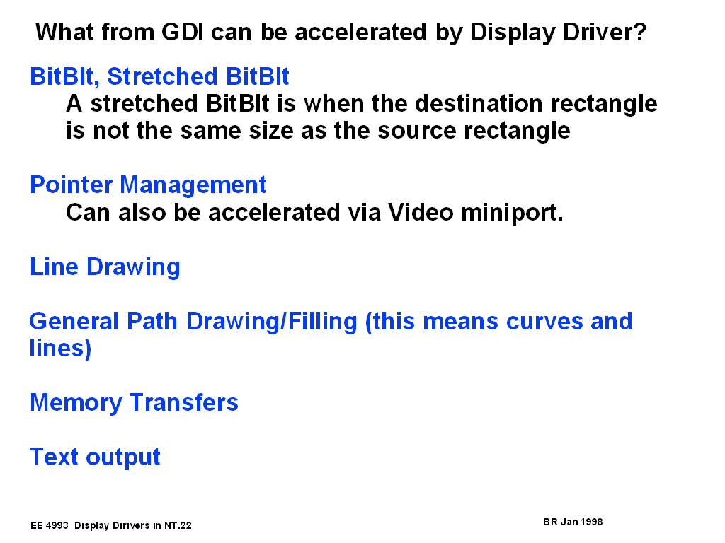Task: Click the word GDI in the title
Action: point(183,33)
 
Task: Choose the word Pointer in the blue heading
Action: point(72,185)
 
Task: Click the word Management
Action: point(193,186)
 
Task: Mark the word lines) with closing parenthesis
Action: point(60,348)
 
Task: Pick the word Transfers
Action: point(183,402)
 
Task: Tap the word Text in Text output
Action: point(54,457)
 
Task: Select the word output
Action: point(123,458)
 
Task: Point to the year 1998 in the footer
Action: point(591,522)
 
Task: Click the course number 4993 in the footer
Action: point(57,525)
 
